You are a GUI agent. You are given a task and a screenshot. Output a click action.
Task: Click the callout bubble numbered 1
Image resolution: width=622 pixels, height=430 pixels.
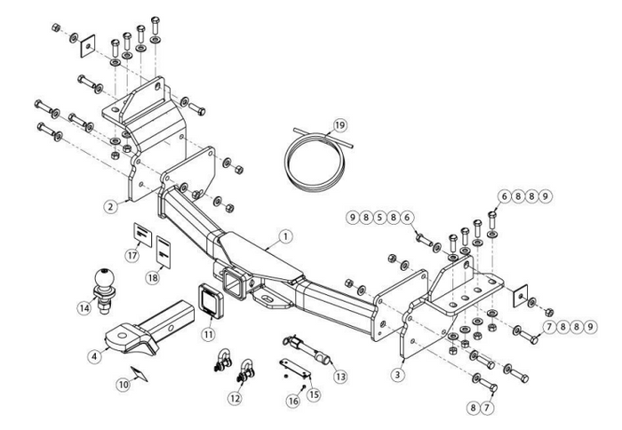click(x=284, y=236)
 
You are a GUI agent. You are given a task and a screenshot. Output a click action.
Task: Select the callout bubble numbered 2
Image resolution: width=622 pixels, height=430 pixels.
click(x=110, y=207)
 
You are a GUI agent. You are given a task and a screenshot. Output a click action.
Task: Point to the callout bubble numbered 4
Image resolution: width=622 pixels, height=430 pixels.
click(x=92, y=357)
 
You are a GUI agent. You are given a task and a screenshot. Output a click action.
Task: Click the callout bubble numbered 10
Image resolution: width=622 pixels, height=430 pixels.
click(x=124, y=385)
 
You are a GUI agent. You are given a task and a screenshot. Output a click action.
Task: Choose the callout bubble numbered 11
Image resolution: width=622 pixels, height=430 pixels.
click(x=208, y=334)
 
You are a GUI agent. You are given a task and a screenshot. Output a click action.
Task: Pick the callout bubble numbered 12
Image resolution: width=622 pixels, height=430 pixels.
click(x=234, y=398)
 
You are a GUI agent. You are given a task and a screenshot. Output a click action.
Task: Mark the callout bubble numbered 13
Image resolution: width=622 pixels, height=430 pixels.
click(x=339, y=377)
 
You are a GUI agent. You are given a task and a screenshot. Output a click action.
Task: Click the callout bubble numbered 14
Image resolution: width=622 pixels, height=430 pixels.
click(x=85, y=307)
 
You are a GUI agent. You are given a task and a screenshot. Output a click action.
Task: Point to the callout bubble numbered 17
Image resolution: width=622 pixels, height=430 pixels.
click(x=133, y=256)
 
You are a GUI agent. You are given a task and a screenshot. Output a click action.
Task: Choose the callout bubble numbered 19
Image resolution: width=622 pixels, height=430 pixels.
click(x=338, y=123)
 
